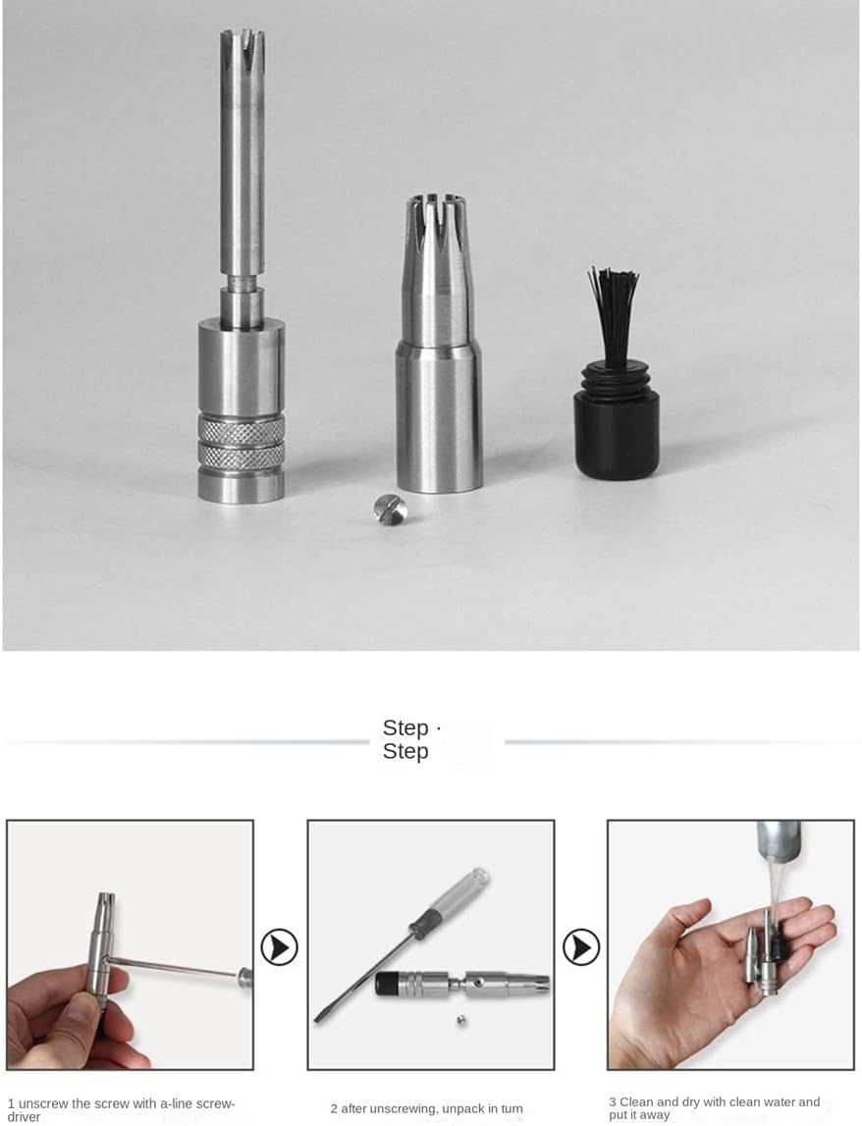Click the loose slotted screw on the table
(391, 509)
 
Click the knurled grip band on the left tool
(242, 442)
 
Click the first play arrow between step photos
(280, 947)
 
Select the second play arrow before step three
(581, 947)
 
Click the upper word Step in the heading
(405, 727)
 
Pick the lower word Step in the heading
(405, 751)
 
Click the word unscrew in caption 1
(43, 1103)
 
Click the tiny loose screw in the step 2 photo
(461, 1020)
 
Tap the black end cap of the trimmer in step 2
(387, 983)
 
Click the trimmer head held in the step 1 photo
(105, 909)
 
